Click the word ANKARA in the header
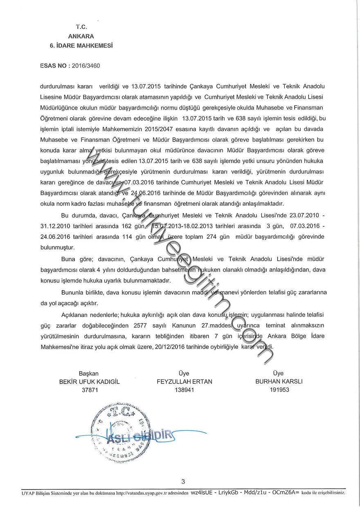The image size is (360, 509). [x=81, y=36]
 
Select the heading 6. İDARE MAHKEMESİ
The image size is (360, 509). [x=81, y=45]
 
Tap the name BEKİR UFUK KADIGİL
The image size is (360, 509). [x=90, y=382]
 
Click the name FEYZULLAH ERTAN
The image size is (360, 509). [x=184, y=382]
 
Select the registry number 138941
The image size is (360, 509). [x=184, y=390]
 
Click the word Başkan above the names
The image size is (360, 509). [x=89, y=374]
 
